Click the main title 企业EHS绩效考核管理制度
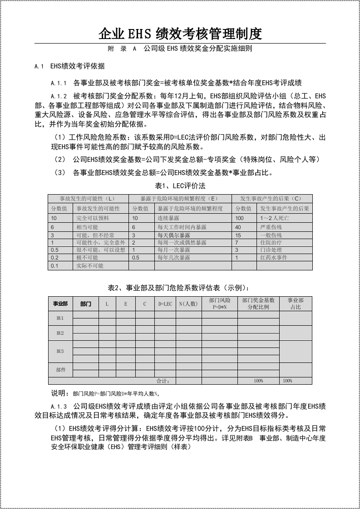click(180, 33)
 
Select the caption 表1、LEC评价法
click(180, 186)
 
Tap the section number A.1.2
click(59, 96)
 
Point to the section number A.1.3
click(59, 406)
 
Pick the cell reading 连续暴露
click(168, 219)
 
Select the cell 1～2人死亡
click(274, 219)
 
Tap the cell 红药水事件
click(274, 258)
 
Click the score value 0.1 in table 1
click(54, 266)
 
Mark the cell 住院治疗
click(271, 242)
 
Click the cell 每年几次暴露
click(174, 258)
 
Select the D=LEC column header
click(165, 304)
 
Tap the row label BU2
click(60, 333)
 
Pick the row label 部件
click(60, 370)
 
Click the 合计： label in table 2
click(163, 381)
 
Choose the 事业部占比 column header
click(296, 304)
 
